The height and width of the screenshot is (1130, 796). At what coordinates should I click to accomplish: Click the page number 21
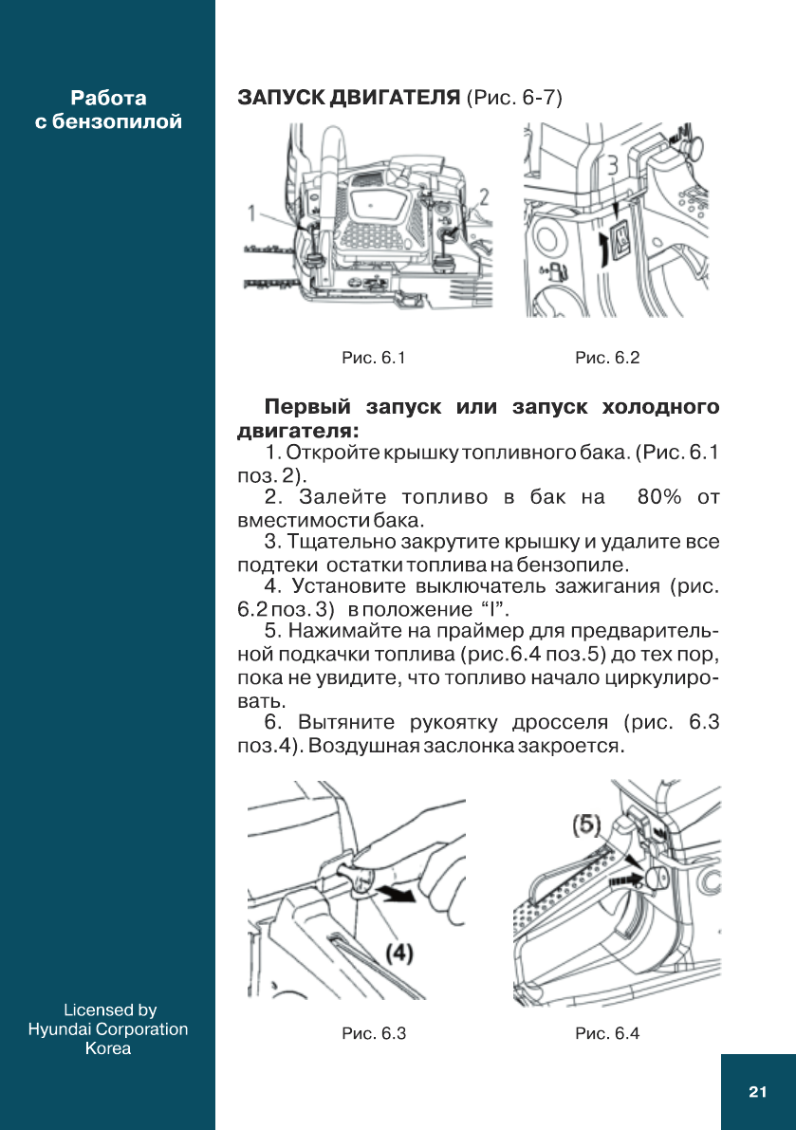[757, 1092]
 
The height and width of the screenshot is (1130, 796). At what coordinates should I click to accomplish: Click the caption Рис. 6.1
[374, 358]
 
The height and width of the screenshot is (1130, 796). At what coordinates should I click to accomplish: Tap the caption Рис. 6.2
[607, 358]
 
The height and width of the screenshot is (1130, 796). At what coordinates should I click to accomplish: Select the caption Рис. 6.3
[374, 1033]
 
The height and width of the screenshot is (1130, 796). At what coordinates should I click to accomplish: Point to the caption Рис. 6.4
[607, 1033]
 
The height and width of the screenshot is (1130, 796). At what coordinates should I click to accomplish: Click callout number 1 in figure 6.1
[252, 213]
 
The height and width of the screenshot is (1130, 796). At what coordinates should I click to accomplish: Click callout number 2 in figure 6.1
[483, 198]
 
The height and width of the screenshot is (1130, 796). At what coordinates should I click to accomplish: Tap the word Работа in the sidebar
[108, 98]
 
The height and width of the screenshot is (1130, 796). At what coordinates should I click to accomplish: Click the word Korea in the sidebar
[108, 1048]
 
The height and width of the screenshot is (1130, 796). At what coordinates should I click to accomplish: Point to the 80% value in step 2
[661, 497]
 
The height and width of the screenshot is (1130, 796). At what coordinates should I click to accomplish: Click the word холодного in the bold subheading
[660, 408]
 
